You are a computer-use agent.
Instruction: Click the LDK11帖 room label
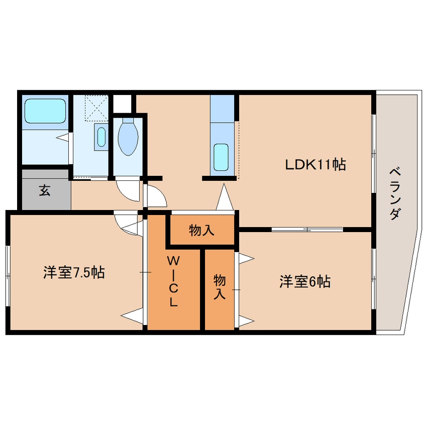(315, 164)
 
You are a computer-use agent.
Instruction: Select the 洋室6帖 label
(305, 282)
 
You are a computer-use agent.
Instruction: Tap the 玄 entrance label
(45, 191)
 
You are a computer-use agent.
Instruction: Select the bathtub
(46, 111)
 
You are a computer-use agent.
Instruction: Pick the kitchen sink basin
(221, 157)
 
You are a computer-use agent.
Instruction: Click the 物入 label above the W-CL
(202, 231)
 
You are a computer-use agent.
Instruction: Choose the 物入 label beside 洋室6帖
(219, 287)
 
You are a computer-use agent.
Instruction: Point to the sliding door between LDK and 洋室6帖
(306, 230)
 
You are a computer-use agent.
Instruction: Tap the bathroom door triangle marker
(62, 137)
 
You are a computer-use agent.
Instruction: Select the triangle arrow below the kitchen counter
(224, 197)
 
